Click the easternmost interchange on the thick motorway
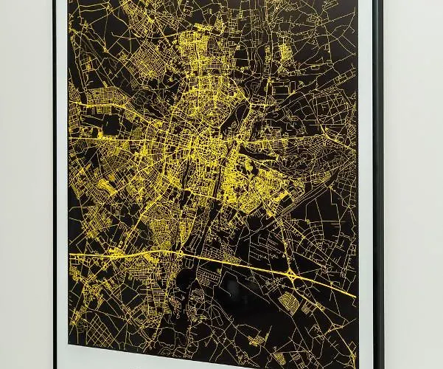(x=293, y=278)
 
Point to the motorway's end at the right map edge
(x=355, y=297)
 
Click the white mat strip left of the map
(x=62, y=184)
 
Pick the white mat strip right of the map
(x=365, y=184)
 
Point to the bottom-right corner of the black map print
(x=357, y=365)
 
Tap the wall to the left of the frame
(x=26, y=184)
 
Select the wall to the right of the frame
(x=413, y=184)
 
